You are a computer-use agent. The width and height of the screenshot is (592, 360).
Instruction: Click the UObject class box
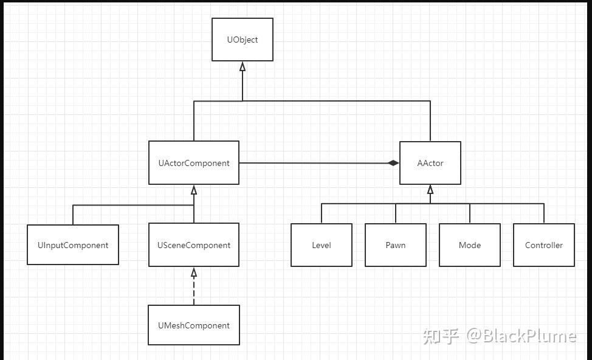pyautogui.click(x=243, y=40)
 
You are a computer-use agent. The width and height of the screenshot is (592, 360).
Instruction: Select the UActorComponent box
pyautogui.click(x=194, y=163)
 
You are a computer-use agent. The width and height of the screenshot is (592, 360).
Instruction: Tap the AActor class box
pyautogui.click(x=430, y=163)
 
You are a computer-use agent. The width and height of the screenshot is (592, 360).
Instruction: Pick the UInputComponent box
pyautogui.click(x=73, y=245)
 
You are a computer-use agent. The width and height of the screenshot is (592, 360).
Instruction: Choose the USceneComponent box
pyautogui.click(x=194, y=245)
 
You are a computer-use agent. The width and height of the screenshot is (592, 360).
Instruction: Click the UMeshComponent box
pyautogui.click(x=194, y=325)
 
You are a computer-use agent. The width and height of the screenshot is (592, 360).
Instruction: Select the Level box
pyautogui.click(x=322, y=245)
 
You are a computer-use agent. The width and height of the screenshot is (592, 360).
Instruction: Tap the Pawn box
pyautogui.click(x=396, y=245)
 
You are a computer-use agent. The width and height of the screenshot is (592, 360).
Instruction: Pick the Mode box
pyautogui.click(x=470, y=245)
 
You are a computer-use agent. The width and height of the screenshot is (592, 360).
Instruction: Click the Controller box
pyautogui.click(x=544, y=245)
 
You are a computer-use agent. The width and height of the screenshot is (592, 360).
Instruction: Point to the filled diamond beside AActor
pyautogui.click(x=394, y=163)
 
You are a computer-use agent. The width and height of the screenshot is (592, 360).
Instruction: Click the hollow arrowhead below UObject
pyautogui.click(x=243, y=67)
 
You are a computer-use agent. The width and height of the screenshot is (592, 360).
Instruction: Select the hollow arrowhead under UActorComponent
pyautogui.click(x=194, y=190)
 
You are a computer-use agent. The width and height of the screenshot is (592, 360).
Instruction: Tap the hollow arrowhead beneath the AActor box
pyautogui.click(x=430, y=190)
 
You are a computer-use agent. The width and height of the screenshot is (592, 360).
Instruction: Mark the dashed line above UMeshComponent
pyautogui.click(x=194, y=292)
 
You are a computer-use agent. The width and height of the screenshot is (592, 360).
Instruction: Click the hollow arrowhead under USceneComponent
pyautogui.click(x=194, y=272)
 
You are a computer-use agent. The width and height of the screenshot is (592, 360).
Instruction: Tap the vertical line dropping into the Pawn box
pyautogui.click(x=396, y=214)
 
